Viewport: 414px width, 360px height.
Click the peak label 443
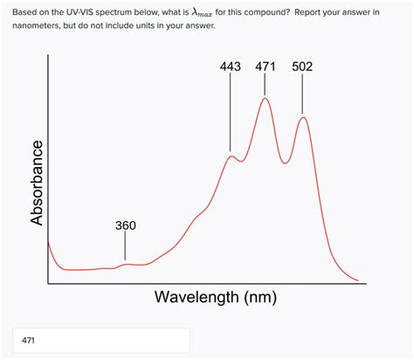point(231,66)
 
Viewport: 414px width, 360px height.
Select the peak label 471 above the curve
point(266,66)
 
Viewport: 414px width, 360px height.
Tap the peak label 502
point(302,66)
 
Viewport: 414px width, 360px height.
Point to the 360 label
point(126,225)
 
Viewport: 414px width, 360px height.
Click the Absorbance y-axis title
point(37,183)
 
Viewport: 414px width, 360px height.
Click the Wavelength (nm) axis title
point(216,297)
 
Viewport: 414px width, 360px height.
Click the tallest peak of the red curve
point(266,99)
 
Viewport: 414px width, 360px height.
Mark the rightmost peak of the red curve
point(303,117)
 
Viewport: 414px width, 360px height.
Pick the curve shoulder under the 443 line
point(231,156)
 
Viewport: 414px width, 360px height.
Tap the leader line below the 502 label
point(303,94)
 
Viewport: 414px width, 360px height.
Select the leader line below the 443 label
point(231,114)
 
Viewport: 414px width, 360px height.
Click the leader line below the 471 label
point(266,86)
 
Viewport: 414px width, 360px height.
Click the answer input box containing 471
point(100,341)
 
